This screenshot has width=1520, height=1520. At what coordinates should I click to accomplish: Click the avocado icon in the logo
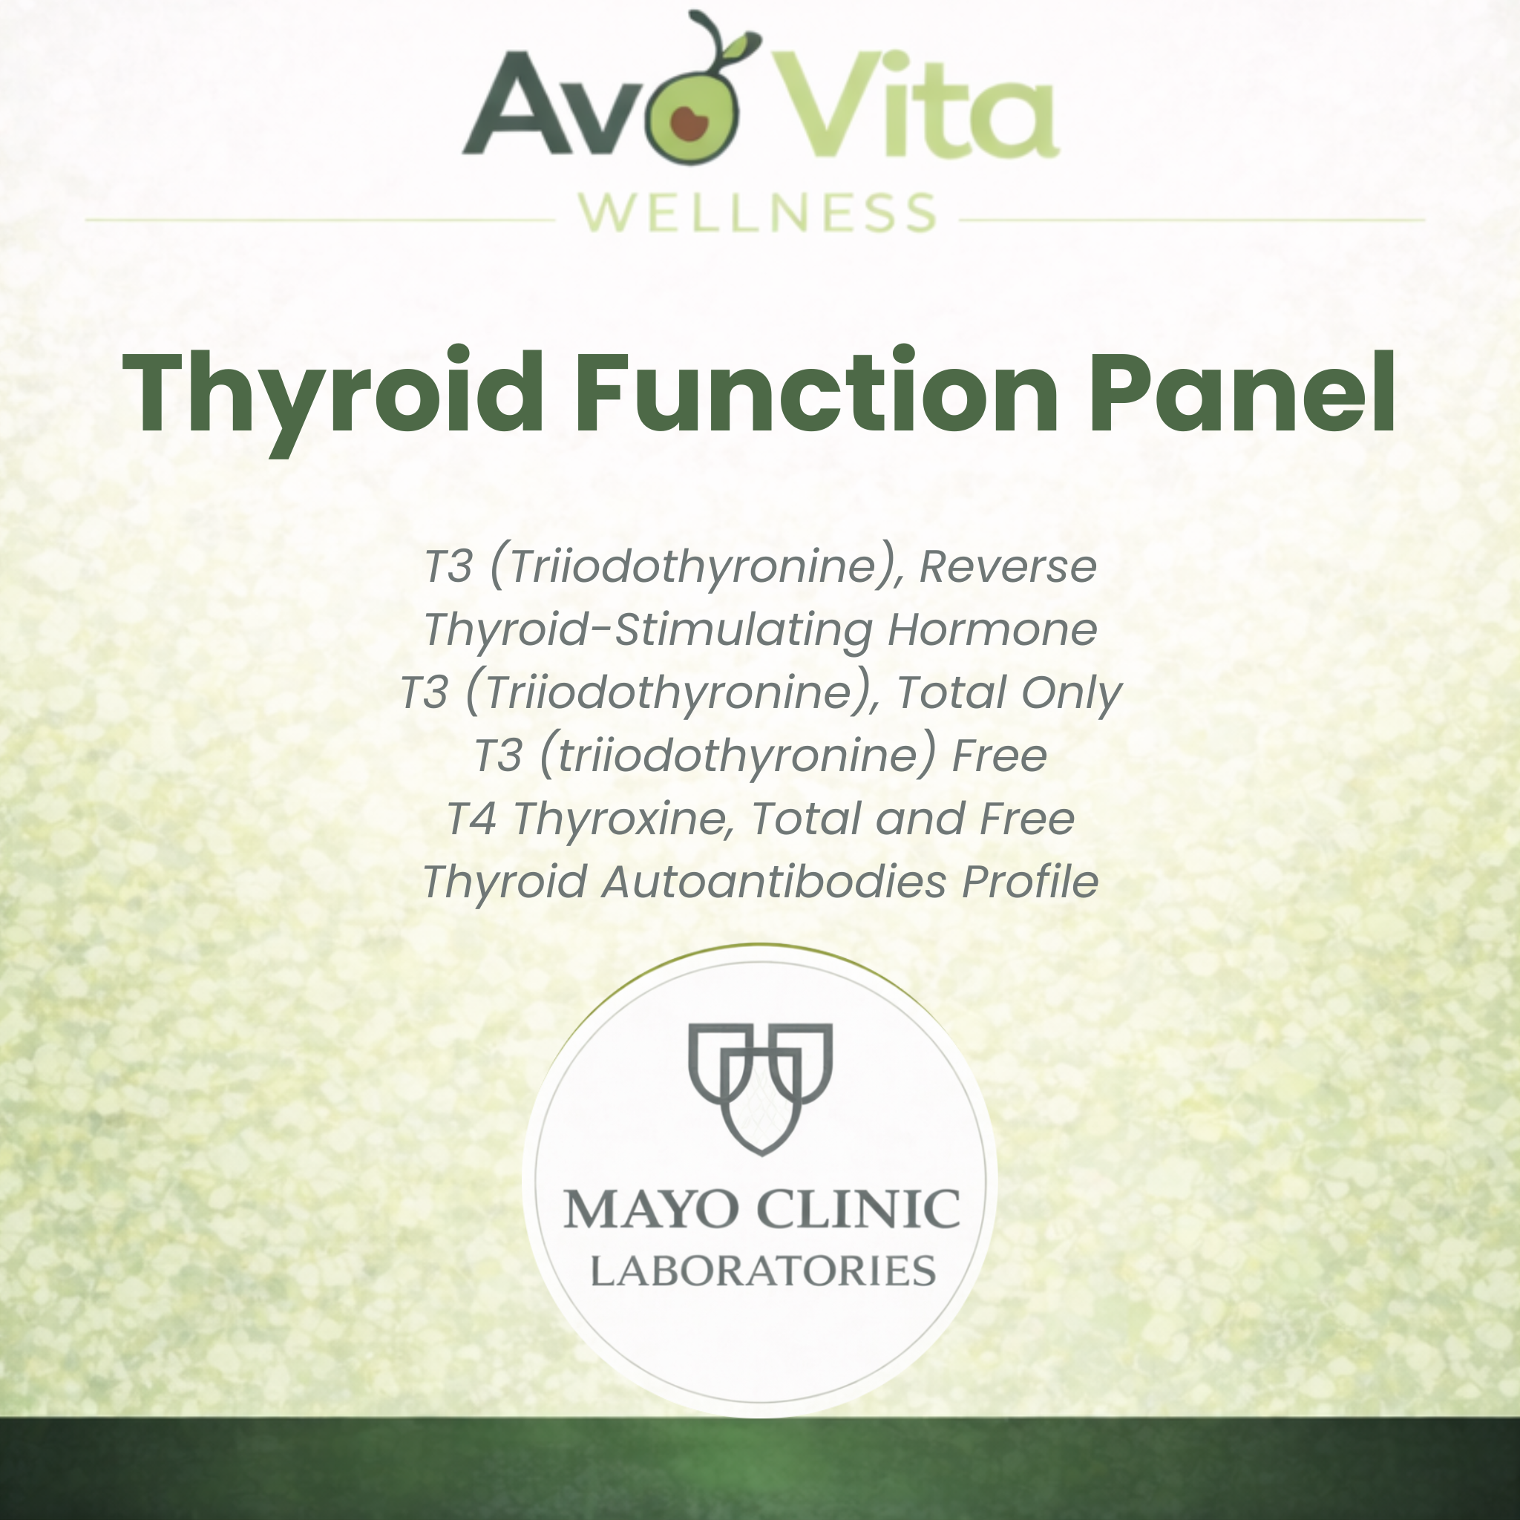click(x=692, y=117)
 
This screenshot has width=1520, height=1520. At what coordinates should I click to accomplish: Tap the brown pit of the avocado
click(x=689, y=123)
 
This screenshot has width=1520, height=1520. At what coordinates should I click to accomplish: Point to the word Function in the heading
click(x=816, y=393)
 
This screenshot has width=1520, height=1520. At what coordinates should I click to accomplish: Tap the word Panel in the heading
click(x=1242, y=393)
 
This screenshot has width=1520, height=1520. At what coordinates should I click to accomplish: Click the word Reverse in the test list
click(x=1008, y=566)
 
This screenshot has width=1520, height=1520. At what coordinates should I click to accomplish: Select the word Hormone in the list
click(x=992, y=629)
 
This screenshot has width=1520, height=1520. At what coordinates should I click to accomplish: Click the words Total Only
click(x=1009, y=692)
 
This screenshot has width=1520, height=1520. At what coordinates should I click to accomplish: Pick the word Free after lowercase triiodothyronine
click(x=999, y=756)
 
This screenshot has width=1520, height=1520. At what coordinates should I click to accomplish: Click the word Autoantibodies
click(x=773, y=881)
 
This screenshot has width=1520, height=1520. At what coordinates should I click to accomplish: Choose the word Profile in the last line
click(x=1030, y=881)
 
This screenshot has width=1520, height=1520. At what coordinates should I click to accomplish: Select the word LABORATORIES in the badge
click(x=762, y=1271)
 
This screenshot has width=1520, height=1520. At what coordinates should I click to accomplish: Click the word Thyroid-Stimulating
click(x=647, y=629)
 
